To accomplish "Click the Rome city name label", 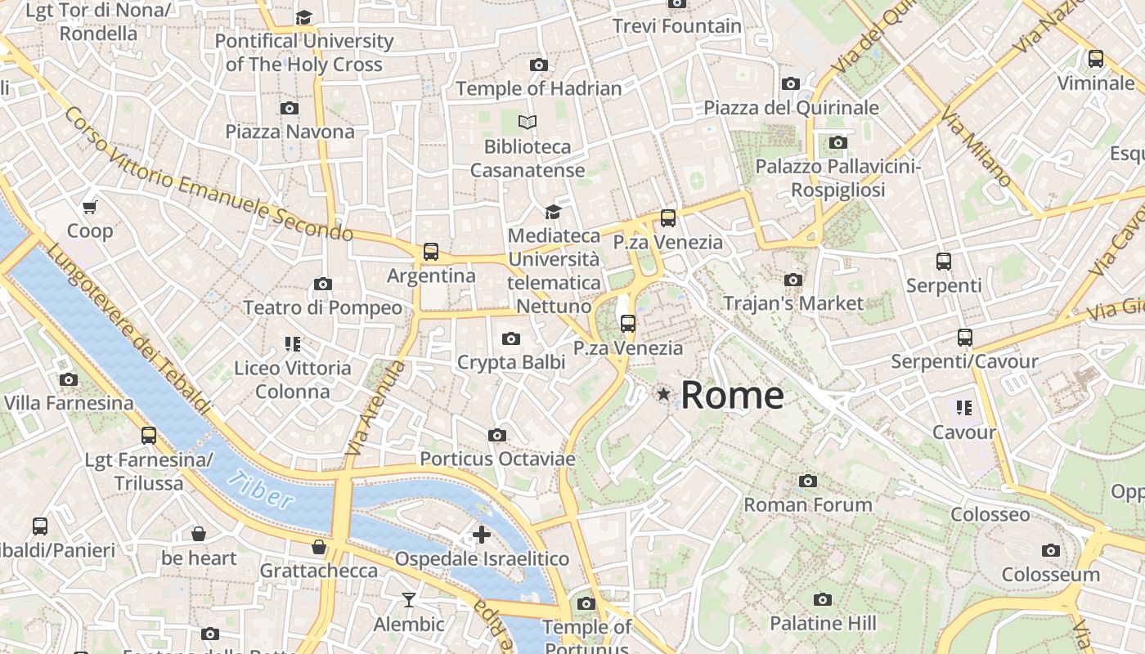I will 732,396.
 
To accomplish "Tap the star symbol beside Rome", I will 663,395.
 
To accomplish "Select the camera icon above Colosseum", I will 1051,550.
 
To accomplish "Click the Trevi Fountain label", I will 677,26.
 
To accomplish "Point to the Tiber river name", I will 260,490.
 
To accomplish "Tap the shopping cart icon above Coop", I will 90,208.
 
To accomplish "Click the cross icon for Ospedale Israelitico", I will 482,535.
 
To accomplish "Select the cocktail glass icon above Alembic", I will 409,601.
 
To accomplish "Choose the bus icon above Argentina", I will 431,252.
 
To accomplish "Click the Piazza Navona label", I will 290,132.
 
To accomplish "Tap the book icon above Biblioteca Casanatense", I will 528,123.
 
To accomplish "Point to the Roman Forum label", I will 807,505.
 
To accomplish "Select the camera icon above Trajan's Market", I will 793,280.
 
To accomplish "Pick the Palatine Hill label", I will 823,624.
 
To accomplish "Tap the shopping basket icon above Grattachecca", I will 319,547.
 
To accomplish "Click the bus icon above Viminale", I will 1095,59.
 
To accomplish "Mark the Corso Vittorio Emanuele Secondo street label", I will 209,175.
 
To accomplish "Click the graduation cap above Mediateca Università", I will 554,213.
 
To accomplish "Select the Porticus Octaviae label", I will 497,459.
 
